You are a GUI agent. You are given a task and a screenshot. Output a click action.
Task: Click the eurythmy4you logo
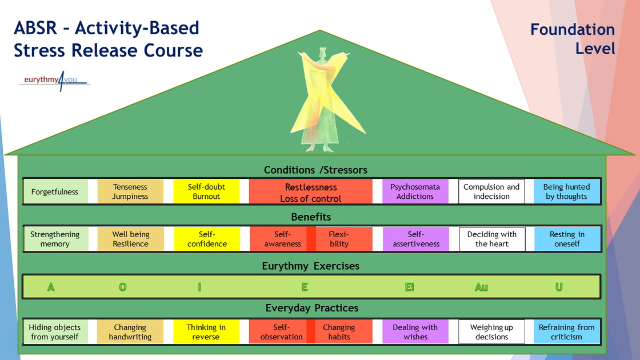[x=55, y=81]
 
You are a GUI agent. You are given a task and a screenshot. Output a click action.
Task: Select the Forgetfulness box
[x=55, y=192]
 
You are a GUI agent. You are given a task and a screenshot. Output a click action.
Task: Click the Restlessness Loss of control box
[x=310, y=192]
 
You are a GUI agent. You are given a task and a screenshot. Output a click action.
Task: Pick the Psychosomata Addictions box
[x=415, y=192]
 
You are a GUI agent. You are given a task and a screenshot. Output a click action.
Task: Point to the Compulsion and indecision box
[x=491, y=192]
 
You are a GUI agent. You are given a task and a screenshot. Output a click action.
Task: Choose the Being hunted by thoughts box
[x=566, y=192]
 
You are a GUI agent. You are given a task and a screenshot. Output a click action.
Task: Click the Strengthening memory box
[x=55, y=239]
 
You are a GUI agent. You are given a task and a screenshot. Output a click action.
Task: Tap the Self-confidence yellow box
[x=206, y=239]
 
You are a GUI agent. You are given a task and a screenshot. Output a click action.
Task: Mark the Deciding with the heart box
[x=491, y=239]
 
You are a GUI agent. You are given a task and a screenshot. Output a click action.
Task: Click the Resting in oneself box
[x=566, y=239]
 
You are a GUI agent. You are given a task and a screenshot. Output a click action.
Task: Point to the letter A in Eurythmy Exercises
[x=51, y=287]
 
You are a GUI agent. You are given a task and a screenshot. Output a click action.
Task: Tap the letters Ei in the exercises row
[x=409, y=287]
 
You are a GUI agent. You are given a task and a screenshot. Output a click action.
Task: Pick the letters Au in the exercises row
[x=481, y=287]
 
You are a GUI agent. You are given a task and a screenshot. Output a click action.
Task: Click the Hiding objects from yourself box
[x=55, y=332]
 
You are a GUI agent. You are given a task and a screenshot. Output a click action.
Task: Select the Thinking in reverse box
[x=206, y=332]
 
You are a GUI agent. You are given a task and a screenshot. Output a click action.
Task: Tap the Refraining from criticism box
[x=566, y=332]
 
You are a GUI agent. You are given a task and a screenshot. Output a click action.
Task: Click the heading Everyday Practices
[x=312, y=309]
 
